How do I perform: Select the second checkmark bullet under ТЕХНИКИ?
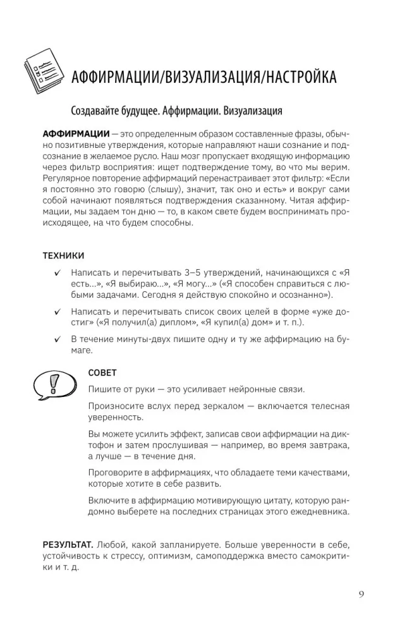click(x=58, y=312)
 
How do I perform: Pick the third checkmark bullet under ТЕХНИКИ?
click(x=58, y=339)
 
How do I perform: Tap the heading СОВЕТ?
click(x=102, y=373)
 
